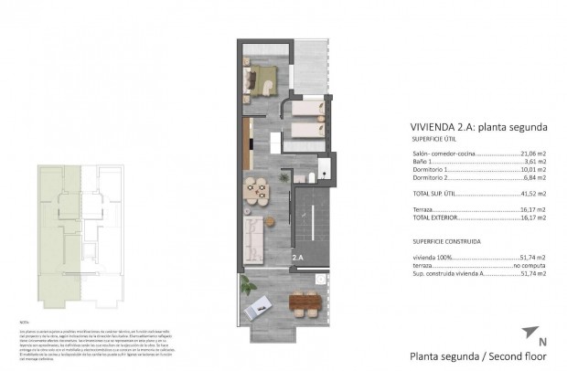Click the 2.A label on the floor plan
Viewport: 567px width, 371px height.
coord(297,258)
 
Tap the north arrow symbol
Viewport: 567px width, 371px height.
coord(528,333)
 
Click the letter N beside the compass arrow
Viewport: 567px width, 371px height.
coord(542,342)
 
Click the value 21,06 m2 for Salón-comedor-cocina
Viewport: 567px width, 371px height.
coord(533,154)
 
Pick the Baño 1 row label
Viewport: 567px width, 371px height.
coord(424,163)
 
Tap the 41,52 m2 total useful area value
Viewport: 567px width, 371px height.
coord(533,194)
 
